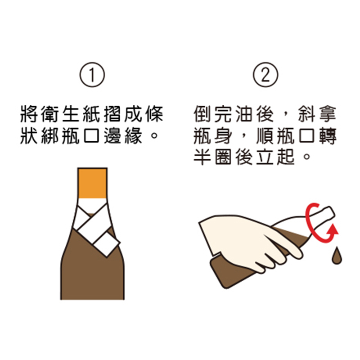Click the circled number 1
(x=92, y=75)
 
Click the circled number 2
(x=265, y=75)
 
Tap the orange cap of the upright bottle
(x=92, y=183)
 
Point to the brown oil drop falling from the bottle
(x=337, y=256)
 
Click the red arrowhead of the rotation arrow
(x=333, y=230)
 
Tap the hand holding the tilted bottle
(x=250, y=241)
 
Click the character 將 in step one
(x=29, y=114)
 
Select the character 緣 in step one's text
(x=134, y=135)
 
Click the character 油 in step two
(x=244, y=114)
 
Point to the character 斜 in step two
(x=307, y=114)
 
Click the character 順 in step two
(x=265, y=135)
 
